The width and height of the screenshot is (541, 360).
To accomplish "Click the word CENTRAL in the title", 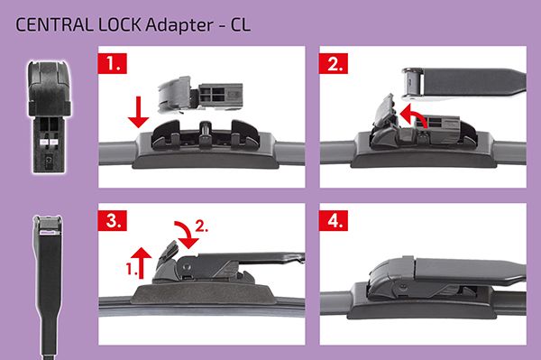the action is click(54, 25).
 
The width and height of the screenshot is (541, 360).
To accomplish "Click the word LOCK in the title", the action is click(119, 25).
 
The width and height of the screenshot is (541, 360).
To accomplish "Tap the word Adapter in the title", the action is click(179, 25).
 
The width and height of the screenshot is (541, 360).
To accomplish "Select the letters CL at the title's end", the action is click(240, 25).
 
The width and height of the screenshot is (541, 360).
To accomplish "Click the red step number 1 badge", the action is click(113, 63).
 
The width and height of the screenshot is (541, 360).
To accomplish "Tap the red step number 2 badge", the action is click(334, 63).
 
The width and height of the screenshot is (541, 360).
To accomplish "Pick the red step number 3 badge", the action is click(113, 220).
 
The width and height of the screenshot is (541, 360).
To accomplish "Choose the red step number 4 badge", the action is click(334, 220).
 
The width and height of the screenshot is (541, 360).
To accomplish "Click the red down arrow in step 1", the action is click(138, 112).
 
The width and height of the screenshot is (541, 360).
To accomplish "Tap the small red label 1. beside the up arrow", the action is click(130, 269).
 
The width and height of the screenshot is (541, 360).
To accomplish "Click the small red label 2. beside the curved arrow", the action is click(202, 226).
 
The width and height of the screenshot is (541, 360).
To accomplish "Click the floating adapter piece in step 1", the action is click(200, 95).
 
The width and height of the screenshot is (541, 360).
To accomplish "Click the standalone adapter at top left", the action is click(50, 116).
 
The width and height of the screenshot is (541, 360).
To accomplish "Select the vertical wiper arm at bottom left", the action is click(50, 287).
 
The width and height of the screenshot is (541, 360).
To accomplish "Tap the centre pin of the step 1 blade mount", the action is click(206, 133).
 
